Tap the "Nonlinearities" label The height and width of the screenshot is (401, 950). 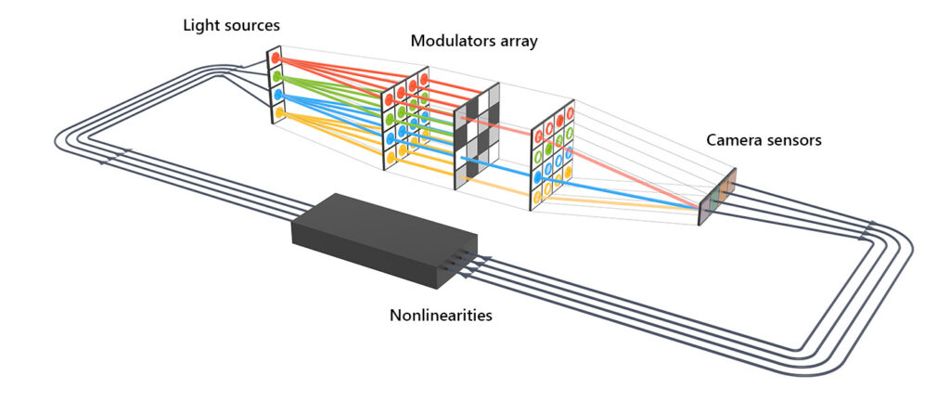tap(440, 315)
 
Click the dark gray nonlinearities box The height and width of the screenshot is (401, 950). tap(380, 232)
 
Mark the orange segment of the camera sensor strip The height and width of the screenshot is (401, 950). tap(729, 183)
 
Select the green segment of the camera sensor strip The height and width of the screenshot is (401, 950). tap(717, 196)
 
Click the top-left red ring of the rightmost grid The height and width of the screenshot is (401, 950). tap(537, 130)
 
